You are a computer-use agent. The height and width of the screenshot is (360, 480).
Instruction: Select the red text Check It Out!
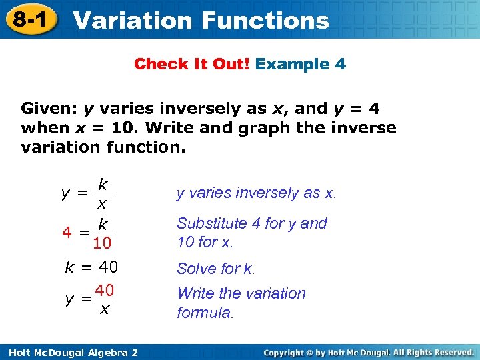coord(192,65)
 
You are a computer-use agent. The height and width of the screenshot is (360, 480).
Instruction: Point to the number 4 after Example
coord(340,65)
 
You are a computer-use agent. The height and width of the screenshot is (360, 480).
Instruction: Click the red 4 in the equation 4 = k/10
coord(67,233)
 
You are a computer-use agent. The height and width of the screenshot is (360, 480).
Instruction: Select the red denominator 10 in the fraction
coord(102,244)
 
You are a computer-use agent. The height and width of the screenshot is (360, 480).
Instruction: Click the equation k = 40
coord(91,268)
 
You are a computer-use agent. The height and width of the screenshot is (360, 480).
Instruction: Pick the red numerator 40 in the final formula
coord(104,290)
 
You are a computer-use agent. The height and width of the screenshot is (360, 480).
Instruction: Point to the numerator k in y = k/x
coord(103,183)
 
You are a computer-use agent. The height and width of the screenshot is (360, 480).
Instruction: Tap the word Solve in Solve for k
coord(195,269)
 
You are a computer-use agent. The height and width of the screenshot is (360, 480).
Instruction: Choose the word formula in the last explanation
coord(205,313)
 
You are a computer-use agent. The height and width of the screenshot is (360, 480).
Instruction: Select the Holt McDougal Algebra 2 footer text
coord(70,352)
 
